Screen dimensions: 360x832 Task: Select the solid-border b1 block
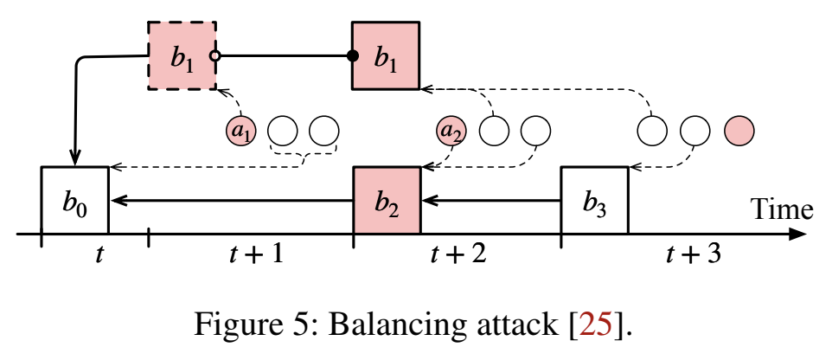point(386,56)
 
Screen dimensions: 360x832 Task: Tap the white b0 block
point(75,201)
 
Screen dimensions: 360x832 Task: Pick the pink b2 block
point(387,201)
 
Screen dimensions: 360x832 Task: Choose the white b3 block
point(594,201)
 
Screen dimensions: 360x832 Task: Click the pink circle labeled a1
point(242,132)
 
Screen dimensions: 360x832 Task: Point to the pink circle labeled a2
point(451,132)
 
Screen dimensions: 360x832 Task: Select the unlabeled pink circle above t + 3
point(739,131)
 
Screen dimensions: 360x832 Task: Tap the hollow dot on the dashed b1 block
point(216,57)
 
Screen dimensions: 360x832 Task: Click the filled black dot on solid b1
point(352,57)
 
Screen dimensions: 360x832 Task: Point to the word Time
point(781,209)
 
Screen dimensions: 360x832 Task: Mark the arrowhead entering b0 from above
point(75,157)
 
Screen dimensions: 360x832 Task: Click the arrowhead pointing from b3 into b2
point(430,201)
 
